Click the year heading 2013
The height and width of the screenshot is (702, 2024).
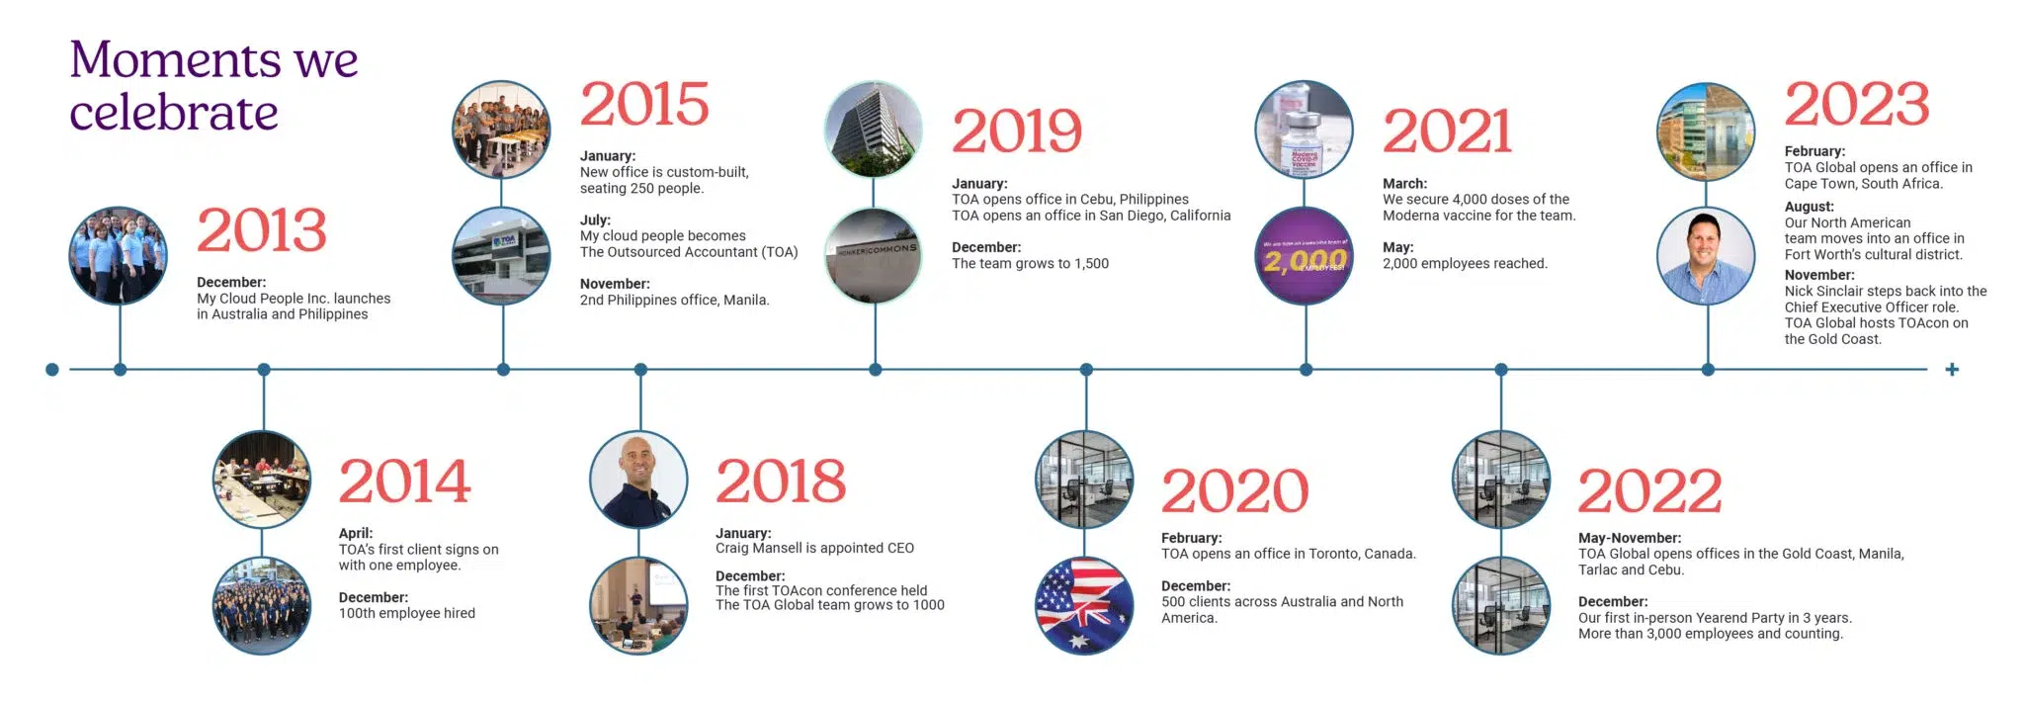[261, 230]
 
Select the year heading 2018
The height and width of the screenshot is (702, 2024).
[781, 482]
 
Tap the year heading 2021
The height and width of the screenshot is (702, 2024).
[1447, 132]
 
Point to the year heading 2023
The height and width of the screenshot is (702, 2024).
[1856, 105]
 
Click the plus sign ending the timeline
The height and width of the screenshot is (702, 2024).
[1952, 370]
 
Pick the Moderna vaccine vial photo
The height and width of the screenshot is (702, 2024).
[1305, 131]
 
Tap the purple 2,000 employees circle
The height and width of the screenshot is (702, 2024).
[1305, 257]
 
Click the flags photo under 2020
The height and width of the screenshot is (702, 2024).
[1084, 606]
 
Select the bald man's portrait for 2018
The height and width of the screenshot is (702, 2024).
[638, 481]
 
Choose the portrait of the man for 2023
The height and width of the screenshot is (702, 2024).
[1706, 256]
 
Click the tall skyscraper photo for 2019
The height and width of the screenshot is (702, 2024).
[874, 131]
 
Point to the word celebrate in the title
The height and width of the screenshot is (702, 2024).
[174, 113]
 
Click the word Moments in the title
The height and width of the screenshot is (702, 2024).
[173, 59]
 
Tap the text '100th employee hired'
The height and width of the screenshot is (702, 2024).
[406, 613]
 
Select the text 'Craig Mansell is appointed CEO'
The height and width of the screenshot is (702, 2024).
[814, 548]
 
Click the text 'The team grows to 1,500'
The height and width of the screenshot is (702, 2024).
[1030, 263]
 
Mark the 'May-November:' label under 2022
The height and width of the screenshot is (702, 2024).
[1629, 538]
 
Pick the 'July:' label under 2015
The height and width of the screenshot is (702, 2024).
[595, 219]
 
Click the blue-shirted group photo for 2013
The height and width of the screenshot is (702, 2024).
[119, 256]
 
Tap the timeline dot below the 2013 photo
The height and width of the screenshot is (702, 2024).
[120, 370]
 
